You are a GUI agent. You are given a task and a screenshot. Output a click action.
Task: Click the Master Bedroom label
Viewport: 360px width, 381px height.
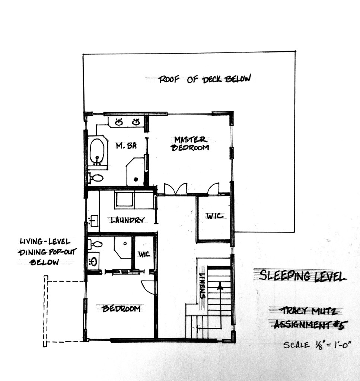click(x=190, y=144)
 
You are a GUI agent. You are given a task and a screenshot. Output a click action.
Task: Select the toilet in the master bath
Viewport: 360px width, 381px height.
click(x=96, y=178)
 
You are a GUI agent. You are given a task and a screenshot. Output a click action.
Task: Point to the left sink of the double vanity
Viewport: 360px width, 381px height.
click(x=119, y=122)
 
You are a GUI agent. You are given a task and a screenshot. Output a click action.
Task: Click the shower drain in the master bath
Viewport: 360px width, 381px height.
click(x=136, y=179)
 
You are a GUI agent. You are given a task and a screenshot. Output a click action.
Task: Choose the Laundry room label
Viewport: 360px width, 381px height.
click(x=128, y=220)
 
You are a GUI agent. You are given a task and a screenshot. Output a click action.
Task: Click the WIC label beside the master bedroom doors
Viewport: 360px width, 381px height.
click(x=215, y=216)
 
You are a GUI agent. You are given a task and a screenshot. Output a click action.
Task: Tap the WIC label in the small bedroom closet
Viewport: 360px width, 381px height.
click(x=144, y=254)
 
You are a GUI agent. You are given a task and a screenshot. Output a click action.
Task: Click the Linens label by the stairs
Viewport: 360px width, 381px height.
click(x=202, y=286)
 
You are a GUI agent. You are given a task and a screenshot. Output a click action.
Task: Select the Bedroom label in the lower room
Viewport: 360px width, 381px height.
click(x=121, y=308)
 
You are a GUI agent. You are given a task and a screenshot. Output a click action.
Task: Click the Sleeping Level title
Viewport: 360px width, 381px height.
click(x=303, y=276)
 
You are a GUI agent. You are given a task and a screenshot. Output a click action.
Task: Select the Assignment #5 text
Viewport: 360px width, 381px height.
click(x=310, y=325)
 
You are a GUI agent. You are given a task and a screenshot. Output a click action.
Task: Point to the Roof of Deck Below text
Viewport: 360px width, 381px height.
click(x=204, y=79)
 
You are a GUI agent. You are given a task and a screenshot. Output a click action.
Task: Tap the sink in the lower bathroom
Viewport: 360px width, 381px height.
click(x=93, y=262)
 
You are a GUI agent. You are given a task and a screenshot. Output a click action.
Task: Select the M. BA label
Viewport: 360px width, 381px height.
click(x=126, y=145)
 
